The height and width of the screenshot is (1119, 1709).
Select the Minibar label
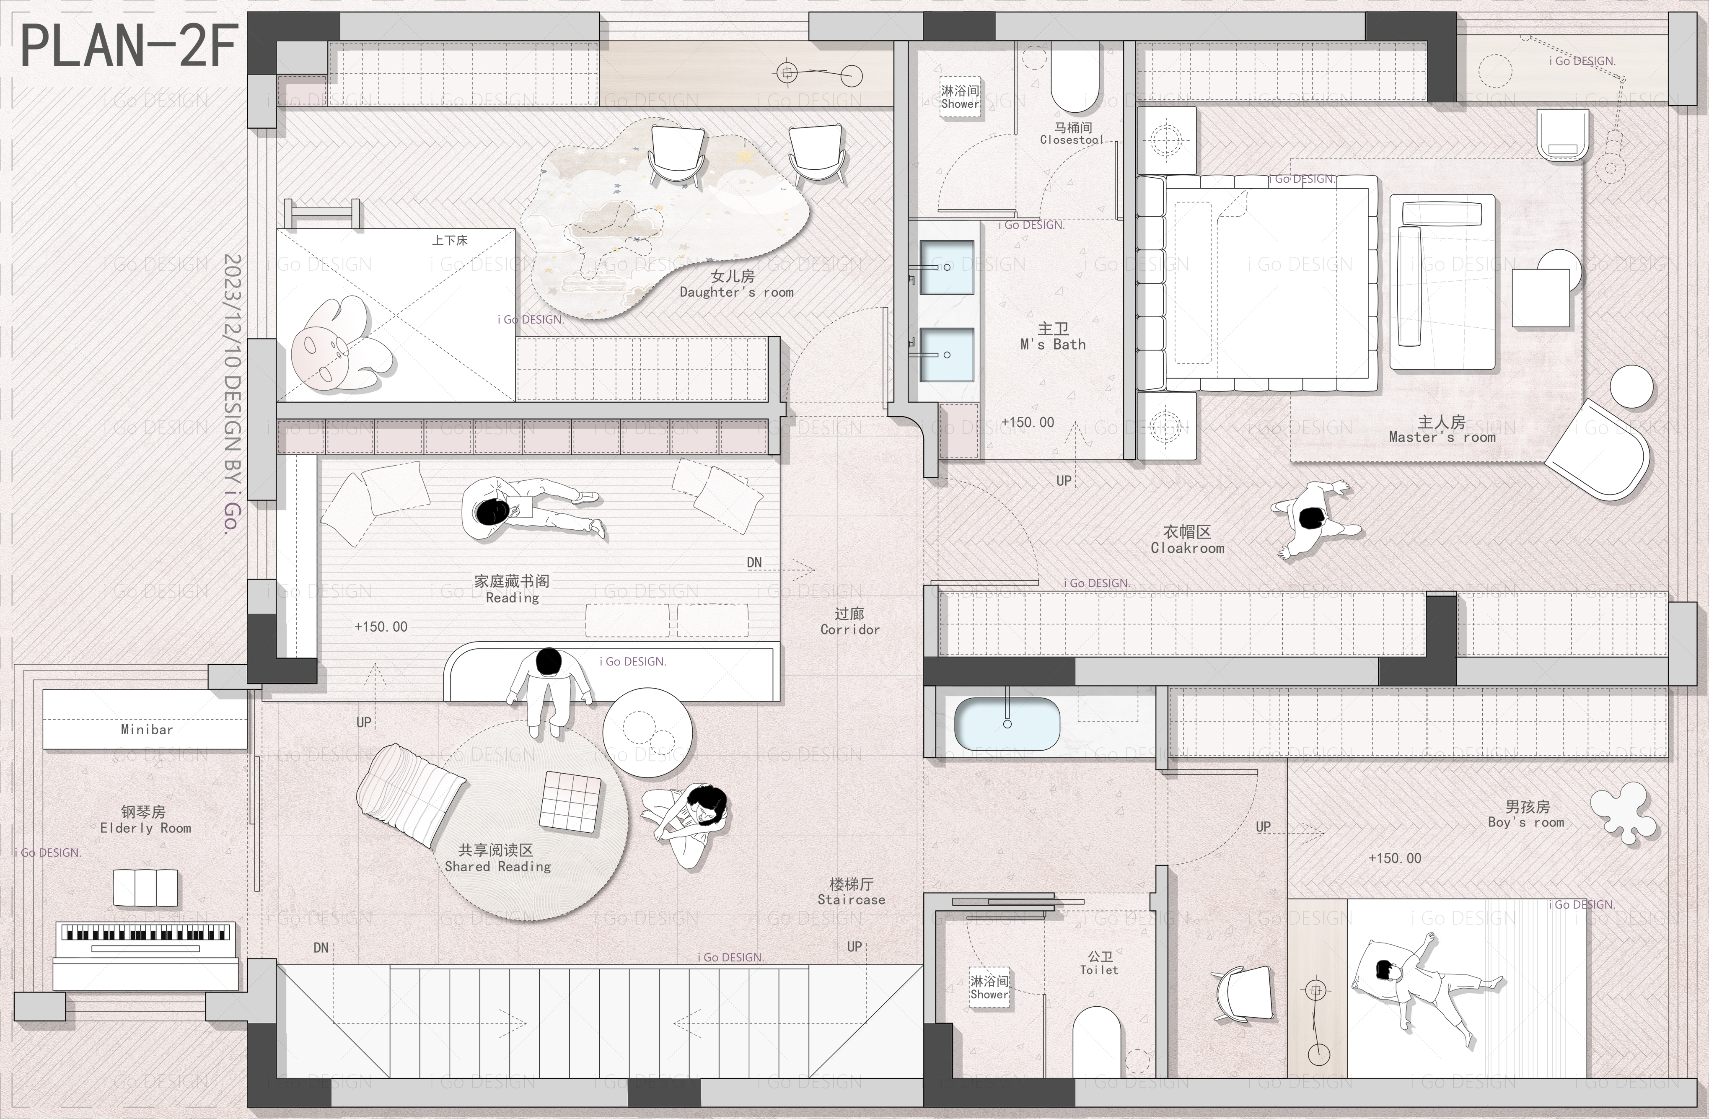[x=147, y=729]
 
